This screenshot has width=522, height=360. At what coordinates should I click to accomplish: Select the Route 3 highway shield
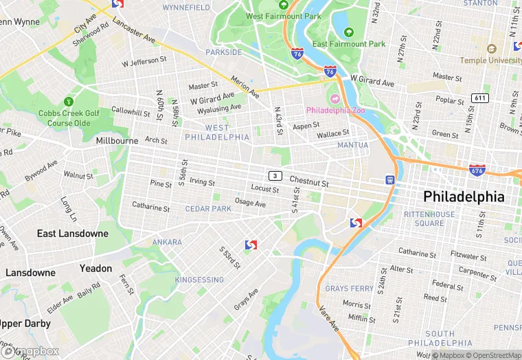[275, 176]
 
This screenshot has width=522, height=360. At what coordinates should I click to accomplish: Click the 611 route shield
[480, 98]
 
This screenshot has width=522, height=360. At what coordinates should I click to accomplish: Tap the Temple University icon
[491, 49]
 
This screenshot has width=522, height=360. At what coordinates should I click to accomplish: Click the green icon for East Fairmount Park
[349, 32]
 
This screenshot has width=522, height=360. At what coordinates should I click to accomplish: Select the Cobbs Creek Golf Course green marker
[68, 100]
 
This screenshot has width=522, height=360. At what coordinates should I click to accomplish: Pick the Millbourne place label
[117, 140]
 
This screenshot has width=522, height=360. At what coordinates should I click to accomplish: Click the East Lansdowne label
[72, 234]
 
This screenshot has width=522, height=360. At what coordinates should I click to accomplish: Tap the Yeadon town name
[95, 268]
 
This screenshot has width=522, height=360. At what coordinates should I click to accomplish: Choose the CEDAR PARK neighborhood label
[208, 209]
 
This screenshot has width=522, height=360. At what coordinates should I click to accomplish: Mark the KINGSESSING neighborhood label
[199, 280]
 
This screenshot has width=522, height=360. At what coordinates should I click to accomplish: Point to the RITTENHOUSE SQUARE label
[429, 218]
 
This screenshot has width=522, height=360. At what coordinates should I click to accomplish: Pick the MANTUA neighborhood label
[352, 145]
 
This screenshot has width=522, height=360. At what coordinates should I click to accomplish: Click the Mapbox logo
[30, 351]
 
